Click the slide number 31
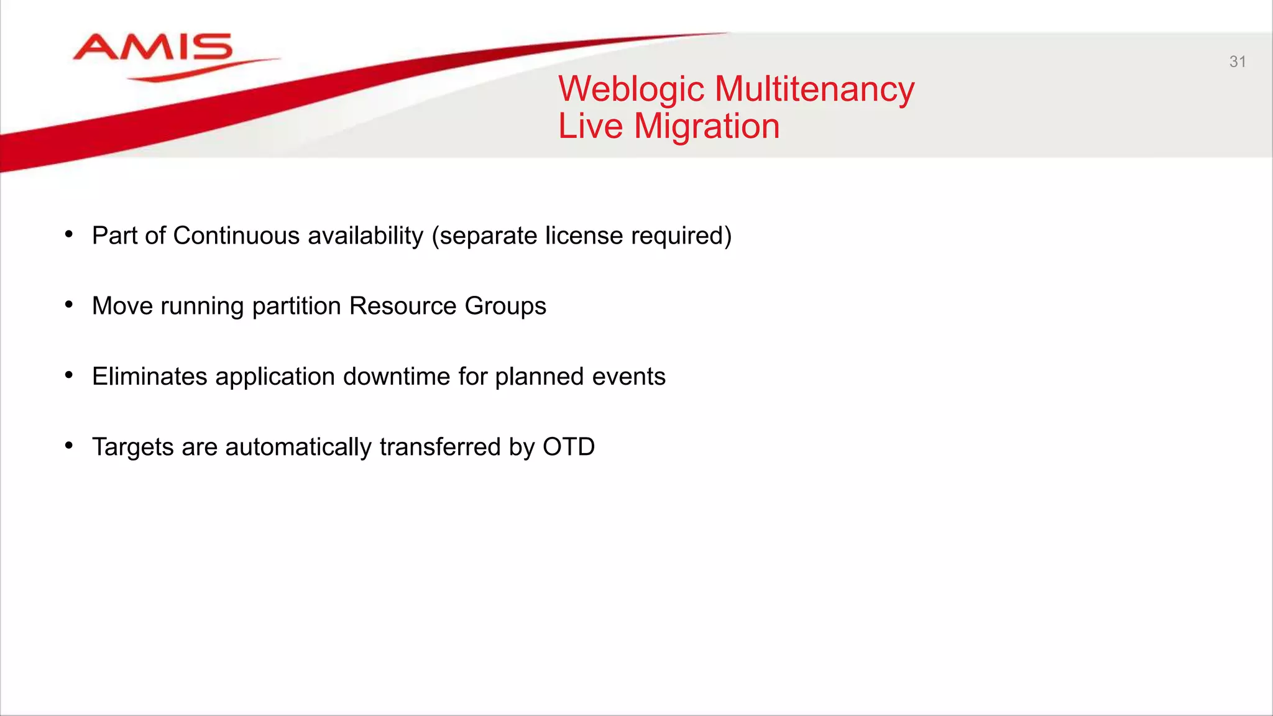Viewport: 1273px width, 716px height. (1237, 62)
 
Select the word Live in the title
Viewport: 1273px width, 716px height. (590, 126)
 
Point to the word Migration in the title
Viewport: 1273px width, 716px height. (707, 126)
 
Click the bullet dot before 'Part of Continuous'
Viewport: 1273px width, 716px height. (69, 234)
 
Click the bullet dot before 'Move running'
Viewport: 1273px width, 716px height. (69, 305)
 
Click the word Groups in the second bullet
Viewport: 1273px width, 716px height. (505, 306)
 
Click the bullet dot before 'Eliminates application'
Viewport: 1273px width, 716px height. (69, 375)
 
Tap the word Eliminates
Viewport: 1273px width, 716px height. (149, 377)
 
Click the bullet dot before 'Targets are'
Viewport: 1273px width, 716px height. (69, 445)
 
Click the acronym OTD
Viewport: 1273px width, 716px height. (568, 447)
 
